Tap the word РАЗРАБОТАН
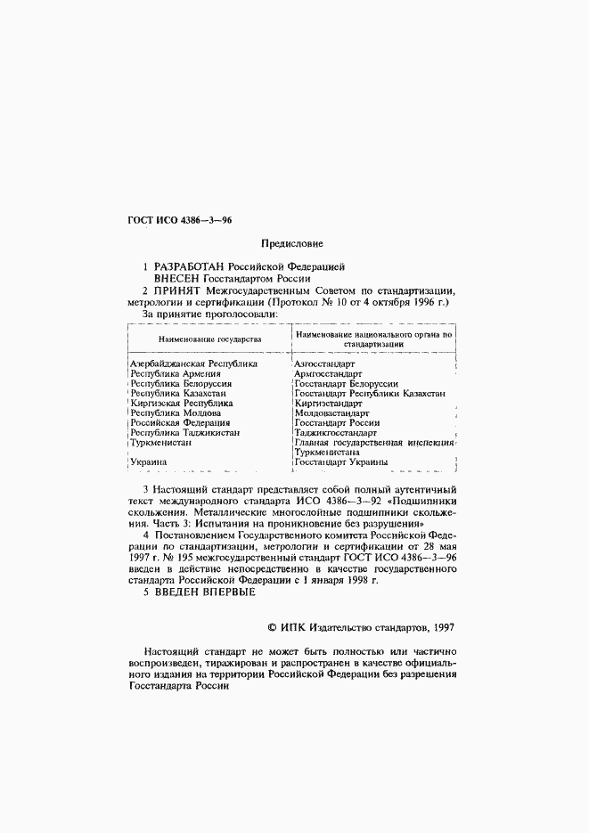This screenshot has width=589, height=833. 190,266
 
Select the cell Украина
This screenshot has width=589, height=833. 149,462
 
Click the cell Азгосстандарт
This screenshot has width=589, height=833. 324,363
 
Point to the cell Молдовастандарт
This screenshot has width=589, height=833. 331,413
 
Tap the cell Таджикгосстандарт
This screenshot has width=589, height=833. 336,433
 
